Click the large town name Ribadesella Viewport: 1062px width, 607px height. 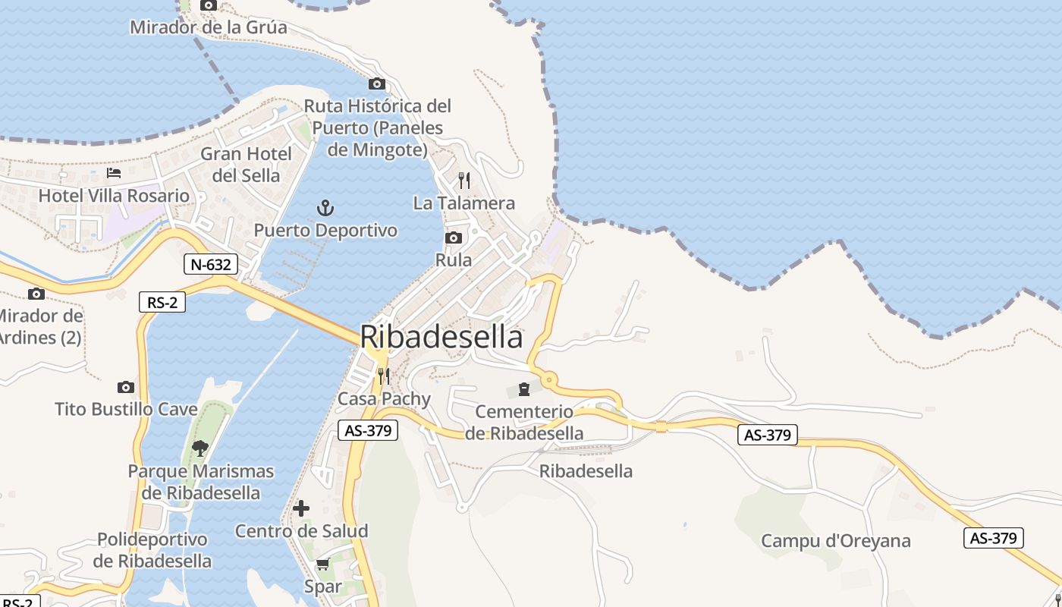(x=441, y=337)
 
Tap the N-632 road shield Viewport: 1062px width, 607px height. (x=211, y=264)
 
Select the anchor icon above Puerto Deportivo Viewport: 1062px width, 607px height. (x=325, y=207)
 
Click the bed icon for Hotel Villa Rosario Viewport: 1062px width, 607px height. (x=114, y=173)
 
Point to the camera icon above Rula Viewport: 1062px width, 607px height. (x=454, y=238)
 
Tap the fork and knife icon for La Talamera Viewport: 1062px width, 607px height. (x=464, y=181)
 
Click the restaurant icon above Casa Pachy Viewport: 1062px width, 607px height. (x=384, y=376)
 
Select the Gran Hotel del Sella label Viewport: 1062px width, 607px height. (x=246, y=165)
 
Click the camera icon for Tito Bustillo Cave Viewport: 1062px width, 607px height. (x=126, y=388)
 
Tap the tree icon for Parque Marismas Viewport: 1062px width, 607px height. (x=200, y=448)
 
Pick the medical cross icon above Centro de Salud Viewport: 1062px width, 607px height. (x=301, y=508)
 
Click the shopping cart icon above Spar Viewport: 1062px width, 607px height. (x=322, y=565)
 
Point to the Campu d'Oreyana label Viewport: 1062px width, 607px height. (x=835, y=541)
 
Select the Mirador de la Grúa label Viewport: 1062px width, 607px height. (x=209, y=28)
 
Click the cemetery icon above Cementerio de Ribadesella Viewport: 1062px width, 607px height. (x=523, y=389)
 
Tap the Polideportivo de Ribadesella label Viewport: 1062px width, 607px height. (x=152, y=551)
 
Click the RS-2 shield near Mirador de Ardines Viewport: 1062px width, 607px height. (x=162, y=302)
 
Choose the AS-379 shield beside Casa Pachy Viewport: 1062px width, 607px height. (x=368, y=430)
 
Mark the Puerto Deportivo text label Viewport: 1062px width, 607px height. (x=325, y=230)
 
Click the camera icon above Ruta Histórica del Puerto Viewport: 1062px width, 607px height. (x=377, y=84)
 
